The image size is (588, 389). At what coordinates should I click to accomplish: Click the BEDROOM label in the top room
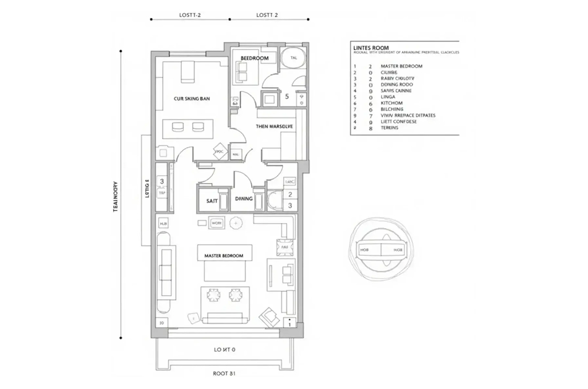255,58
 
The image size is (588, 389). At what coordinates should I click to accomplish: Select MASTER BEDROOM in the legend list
400,66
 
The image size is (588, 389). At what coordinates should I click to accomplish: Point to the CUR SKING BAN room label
192,99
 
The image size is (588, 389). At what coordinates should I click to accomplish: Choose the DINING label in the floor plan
244,199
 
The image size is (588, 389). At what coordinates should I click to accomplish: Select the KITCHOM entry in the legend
392,103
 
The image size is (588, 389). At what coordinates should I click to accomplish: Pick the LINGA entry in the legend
388,97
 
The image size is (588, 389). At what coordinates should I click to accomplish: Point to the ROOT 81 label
224,374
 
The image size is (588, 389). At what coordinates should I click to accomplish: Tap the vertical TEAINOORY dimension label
116,197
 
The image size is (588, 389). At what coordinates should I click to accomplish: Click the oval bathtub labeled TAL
293,58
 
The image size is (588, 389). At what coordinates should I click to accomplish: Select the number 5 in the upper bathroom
287,97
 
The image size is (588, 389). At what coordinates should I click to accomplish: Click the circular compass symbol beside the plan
380,249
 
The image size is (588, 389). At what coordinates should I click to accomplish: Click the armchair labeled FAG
284,248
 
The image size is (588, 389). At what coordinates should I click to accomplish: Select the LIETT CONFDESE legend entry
398,122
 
